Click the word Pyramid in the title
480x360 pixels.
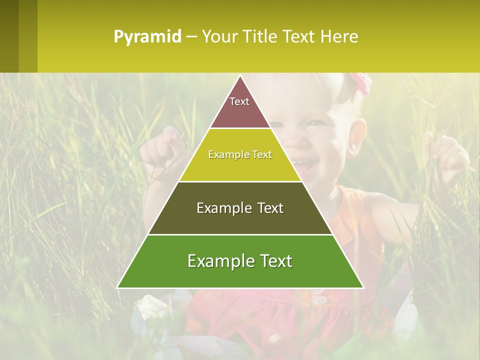pyautogui.click(x=147, y=37)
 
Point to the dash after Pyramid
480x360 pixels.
pyautogui.click(x=191, y=37)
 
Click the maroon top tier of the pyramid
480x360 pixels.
pyautogui.click(x=240, y=112)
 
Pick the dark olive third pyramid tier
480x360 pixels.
pyautogui.click(x=240, y=220)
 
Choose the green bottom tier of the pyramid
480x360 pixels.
pyautogui.click(x=240, y=275)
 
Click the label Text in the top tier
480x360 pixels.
pyautogui.click(x=239, y=101)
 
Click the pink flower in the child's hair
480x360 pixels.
pyautogui.click(x=361, y=82)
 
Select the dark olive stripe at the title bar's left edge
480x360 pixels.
pyautogui.click(x=9, y=36)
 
